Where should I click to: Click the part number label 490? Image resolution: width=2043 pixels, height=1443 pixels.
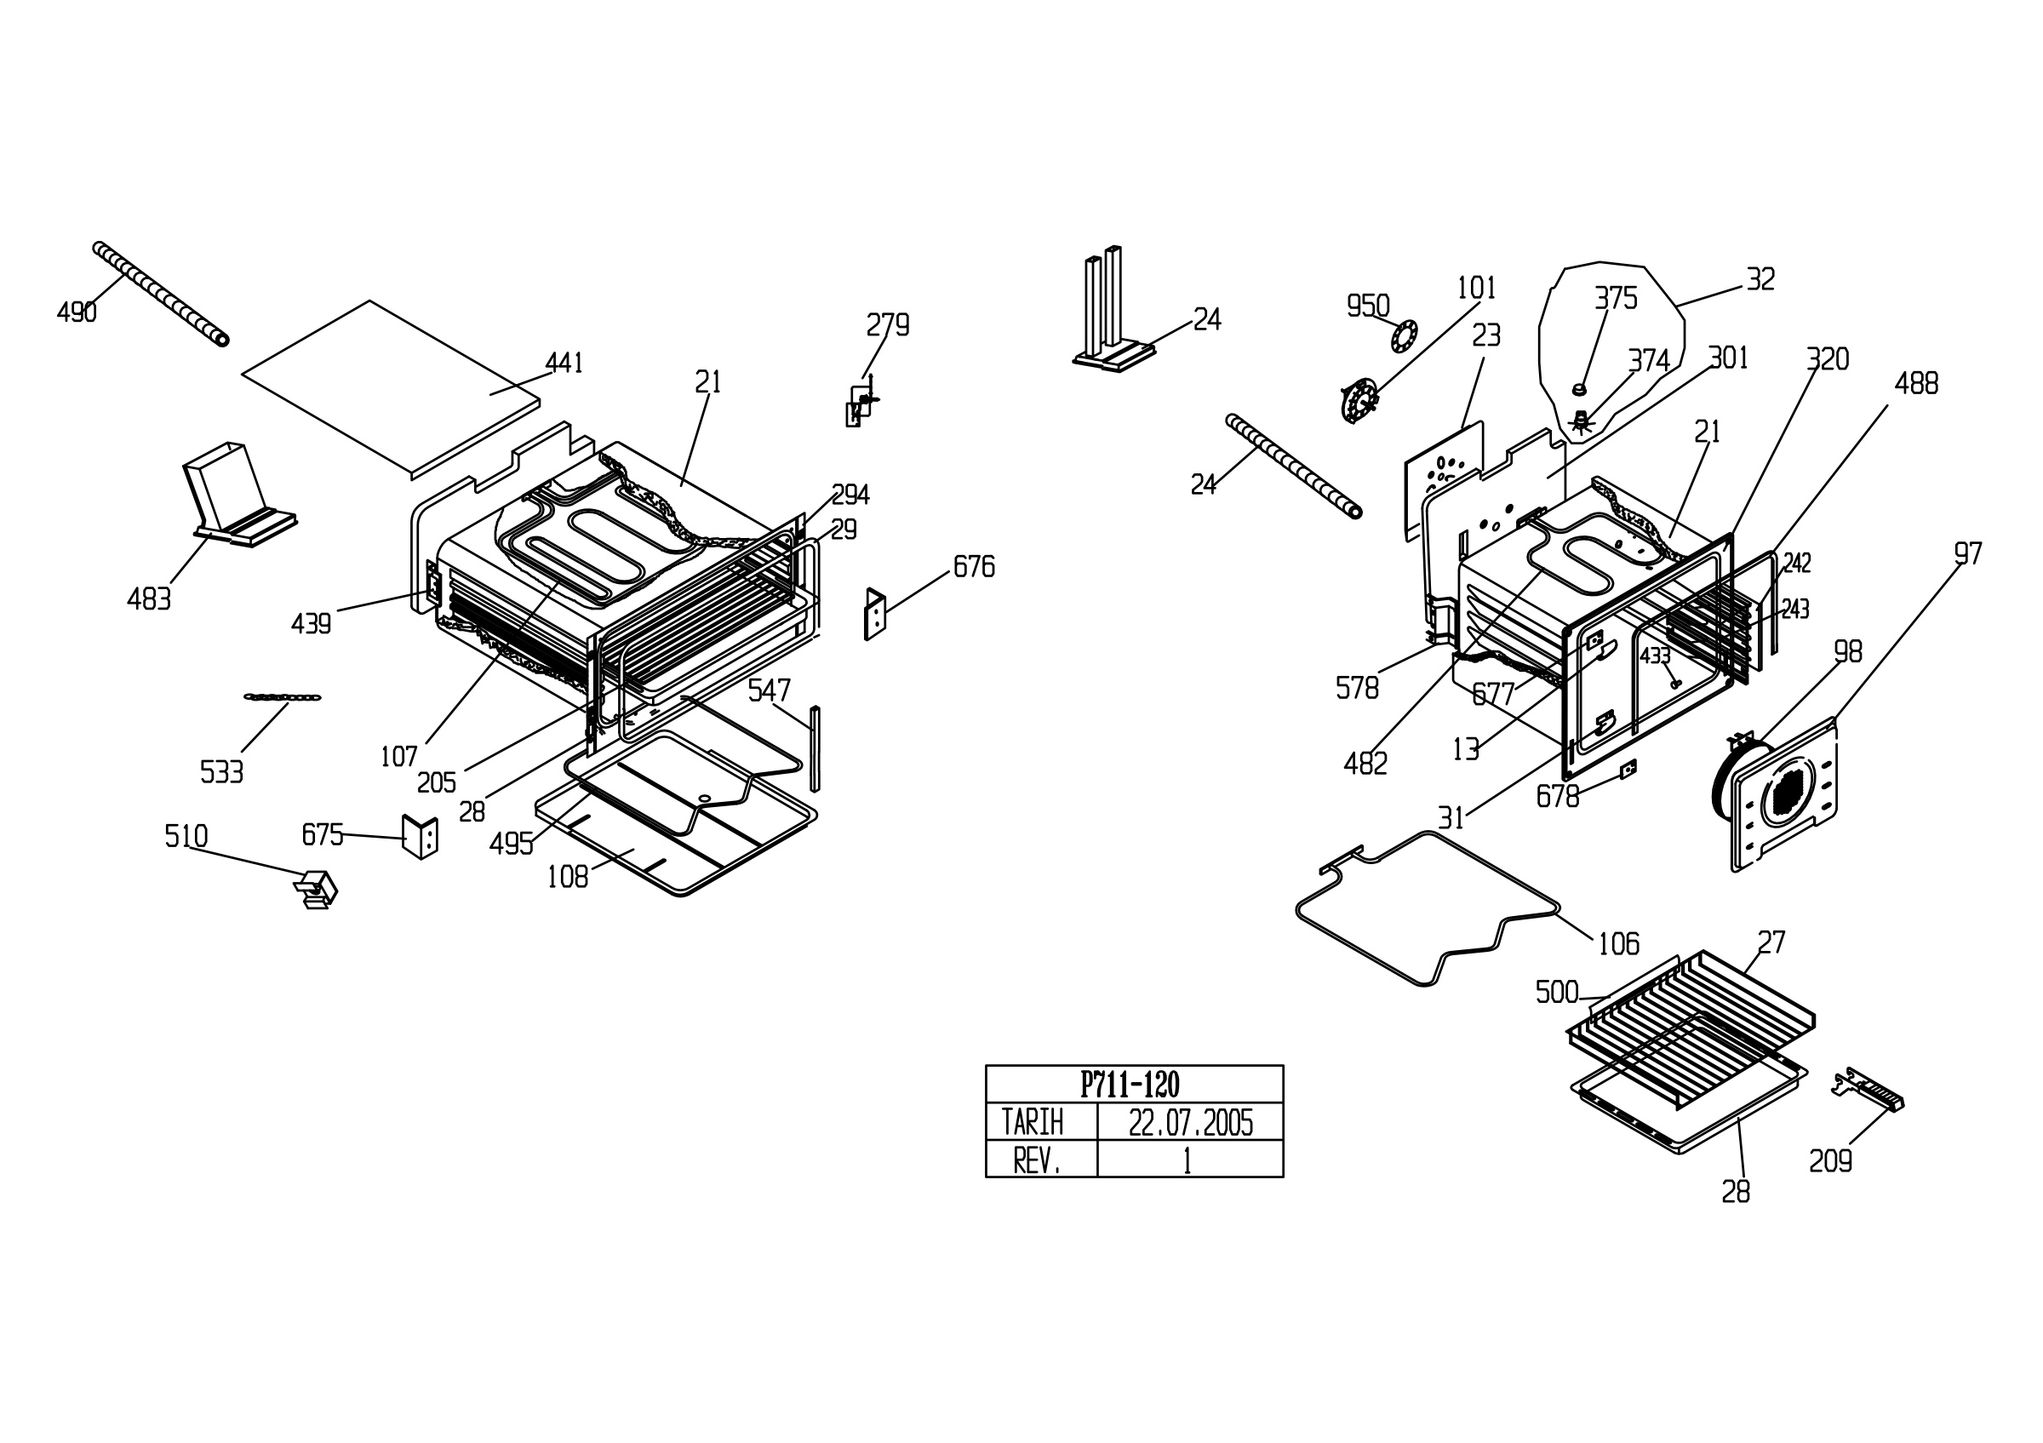pyautogui.click(x=77, y=312)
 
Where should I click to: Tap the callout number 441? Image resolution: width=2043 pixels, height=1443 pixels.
pyautogui.click(x=564, y=363)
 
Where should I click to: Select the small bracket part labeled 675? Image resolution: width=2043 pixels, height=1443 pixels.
pyautogui.click(x=420, y=836)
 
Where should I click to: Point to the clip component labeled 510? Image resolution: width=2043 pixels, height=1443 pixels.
pyautogui.click(x=316, y=889)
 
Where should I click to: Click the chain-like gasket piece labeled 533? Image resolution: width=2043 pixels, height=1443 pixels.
pyautogui.click(x=283, y=697)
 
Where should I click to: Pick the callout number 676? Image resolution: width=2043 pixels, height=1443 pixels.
pyautogui.click(x=974, y=567)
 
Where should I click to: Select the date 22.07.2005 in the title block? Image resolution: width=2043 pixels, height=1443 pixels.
pyautogui.click(x=1191, y=1124)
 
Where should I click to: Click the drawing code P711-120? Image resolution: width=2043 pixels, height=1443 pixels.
pyautogui.click(x=1130, y=1085)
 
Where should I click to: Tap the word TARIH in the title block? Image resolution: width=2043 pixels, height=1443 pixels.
pyautogui.click(x=1033, y=1123)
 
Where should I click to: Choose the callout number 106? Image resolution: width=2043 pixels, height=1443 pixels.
pyautogui.click(x=1618, y=944)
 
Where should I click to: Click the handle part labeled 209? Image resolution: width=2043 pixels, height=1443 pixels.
pyautogui.click(x=1868, y=1089)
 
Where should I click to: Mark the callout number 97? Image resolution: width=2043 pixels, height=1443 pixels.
pyautogui.click(x=1967, y=554)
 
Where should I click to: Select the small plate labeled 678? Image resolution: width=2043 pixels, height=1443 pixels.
pyautogui.click(x=1628, y=769)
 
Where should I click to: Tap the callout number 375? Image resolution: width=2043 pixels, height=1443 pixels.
pyautogui.click(x=1616, y=298)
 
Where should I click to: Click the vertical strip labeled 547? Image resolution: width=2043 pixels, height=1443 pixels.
pyautogui.click(x=814, y=748)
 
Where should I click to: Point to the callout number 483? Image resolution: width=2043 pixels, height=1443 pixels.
pyautogui.click(x=149, y=599)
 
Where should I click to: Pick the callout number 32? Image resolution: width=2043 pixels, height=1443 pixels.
pyautogui.click(x=1761, y=279)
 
